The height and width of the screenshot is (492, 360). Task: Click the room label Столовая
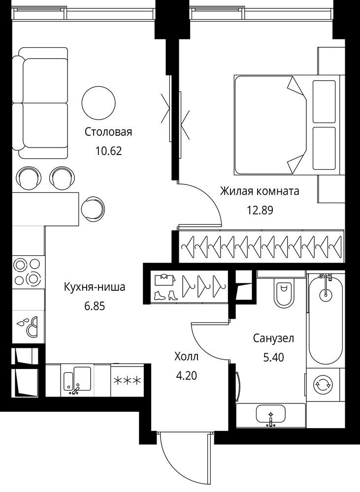tap(108, 132)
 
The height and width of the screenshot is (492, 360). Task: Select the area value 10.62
tap(108, 151)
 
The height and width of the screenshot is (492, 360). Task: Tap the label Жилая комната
tap(260, 191)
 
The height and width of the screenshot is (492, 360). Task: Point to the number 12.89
tap(260, 210)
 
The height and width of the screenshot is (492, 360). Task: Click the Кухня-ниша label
tap(95, 286)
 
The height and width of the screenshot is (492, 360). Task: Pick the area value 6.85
tap(95, 306)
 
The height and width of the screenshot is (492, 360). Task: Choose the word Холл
tap(187, 356)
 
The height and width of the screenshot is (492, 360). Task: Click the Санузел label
tap(274, 338)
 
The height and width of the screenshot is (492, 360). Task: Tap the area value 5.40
tap(274, 357)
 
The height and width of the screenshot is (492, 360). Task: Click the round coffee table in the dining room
tap(98, 103)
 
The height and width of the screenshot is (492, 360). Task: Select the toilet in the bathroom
tap(284, 293)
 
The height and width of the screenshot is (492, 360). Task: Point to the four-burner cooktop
tap(27, 272)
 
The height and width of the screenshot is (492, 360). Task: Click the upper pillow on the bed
tap(324, 101)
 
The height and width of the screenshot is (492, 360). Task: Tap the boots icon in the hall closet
tap(166, 295)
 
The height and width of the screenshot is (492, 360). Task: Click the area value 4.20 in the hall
tap(187, 375)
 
